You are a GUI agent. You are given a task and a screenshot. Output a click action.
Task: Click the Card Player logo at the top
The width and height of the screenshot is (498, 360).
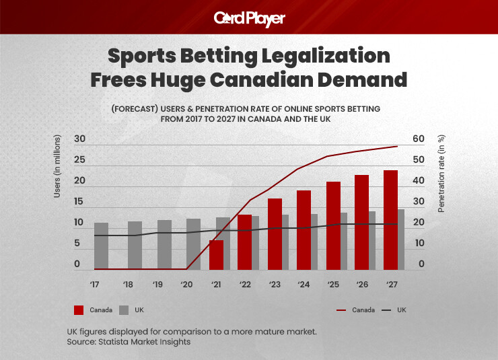(x=249, y=18)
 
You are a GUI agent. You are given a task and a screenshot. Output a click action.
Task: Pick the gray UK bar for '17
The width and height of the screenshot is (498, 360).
(x=101, y=246)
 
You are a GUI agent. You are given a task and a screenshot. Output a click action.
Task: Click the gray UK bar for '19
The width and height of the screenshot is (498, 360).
(x=164, y=244)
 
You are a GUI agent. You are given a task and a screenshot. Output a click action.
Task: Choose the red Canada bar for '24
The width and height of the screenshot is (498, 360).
(x=304, y=229)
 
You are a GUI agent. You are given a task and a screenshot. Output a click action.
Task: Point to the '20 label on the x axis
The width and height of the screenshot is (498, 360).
(x=186, y=284)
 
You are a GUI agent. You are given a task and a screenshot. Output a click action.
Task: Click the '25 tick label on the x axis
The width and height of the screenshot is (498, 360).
(x=332, y=284)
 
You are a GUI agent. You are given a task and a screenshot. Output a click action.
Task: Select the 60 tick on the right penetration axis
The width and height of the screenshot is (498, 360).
(x=419, y=139)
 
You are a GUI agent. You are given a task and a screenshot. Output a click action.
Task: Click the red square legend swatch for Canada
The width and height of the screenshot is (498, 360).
(x=79, y=310)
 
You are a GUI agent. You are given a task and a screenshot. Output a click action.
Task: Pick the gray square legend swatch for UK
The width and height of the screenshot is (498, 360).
(x=124, y=310)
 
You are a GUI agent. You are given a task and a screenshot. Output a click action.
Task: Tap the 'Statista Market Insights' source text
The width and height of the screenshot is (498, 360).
(x=147, y=343)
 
